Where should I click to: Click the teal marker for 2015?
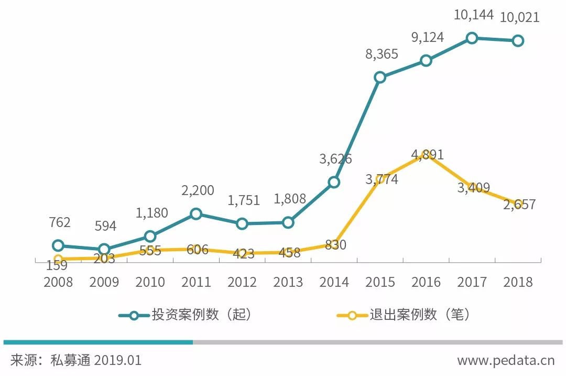coord(380,78)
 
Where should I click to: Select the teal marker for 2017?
coord(472,38)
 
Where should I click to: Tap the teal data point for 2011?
coord(195,213)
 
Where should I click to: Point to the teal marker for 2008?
coord(58,245)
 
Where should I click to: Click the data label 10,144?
coord(474,15)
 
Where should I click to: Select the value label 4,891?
coord(427,155)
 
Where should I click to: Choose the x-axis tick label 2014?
coord(334,282)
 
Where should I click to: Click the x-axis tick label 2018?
coord(518,282)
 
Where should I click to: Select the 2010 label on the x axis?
coord(150,282)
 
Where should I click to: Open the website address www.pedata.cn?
coord(506,361)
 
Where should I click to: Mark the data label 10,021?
coord(519,18)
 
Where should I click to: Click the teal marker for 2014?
coord(334,182)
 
